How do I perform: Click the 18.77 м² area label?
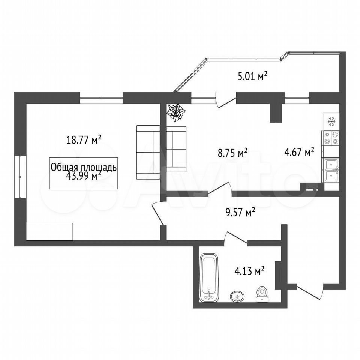pos(84,139)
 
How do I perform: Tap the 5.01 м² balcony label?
pos(252,76)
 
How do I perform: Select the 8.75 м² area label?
pos(232,153)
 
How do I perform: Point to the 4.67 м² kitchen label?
pos(299,152)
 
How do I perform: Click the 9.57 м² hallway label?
pos(240,212)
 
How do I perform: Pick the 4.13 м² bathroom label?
pos(249,271)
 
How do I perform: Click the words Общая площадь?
pos(84,167)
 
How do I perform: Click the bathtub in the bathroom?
pos(209,277)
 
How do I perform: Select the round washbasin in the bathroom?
pos(237,296)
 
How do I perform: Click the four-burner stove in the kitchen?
pos(331,138)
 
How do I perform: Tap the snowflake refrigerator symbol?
pos(331,121)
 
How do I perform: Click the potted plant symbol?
pos(175,112)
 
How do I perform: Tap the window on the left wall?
pos(21,177)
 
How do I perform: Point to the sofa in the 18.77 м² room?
pos(148,152)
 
